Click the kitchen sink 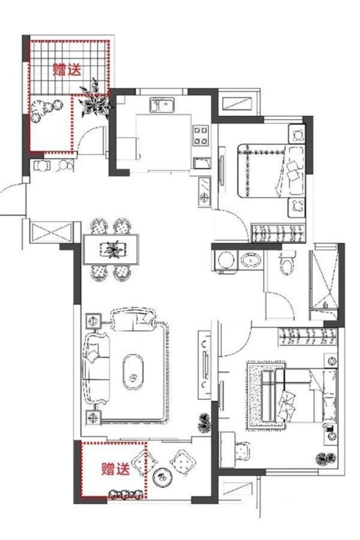click(162, 105)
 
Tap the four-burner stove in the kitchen click(201, 135)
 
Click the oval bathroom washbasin click(251, 260)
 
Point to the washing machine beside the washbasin click(226, 262)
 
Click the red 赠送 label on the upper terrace click(67, 70)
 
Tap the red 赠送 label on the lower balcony click(115, 469)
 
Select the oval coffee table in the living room click(133, 372)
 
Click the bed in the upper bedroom click(271, 171)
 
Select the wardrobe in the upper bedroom click(279, 233)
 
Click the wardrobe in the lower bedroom click(308, 336)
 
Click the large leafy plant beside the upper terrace click(95, 100)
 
